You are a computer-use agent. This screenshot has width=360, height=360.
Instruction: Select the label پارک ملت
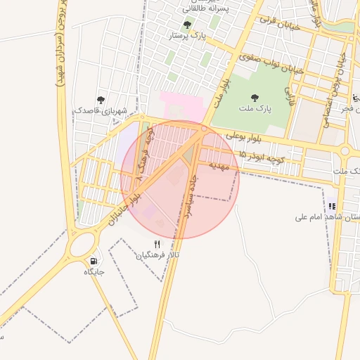coord(259,109)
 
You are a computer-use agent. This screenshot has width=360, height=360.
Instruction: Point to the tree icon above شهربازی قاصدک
coord(101,100)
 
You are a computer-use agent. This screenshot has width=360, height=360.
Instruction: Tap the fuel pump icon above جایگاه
coord(94,261)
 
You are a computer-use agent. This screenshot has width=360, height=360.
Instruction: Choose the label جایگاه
coord(94,271)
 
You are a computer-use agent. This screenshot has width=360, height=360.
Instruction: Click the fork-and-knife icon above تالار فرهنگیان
coord(157,244)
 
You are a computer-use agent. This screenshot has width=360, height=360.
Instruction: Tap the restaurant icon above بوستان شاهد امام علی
coord(330,207)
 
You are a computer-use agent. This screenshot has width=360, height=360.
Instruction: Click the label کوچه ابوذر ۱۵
coord(260,157)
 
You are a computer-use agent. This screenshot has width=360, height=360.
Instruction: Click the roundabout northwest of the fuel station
coord(82,245)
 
